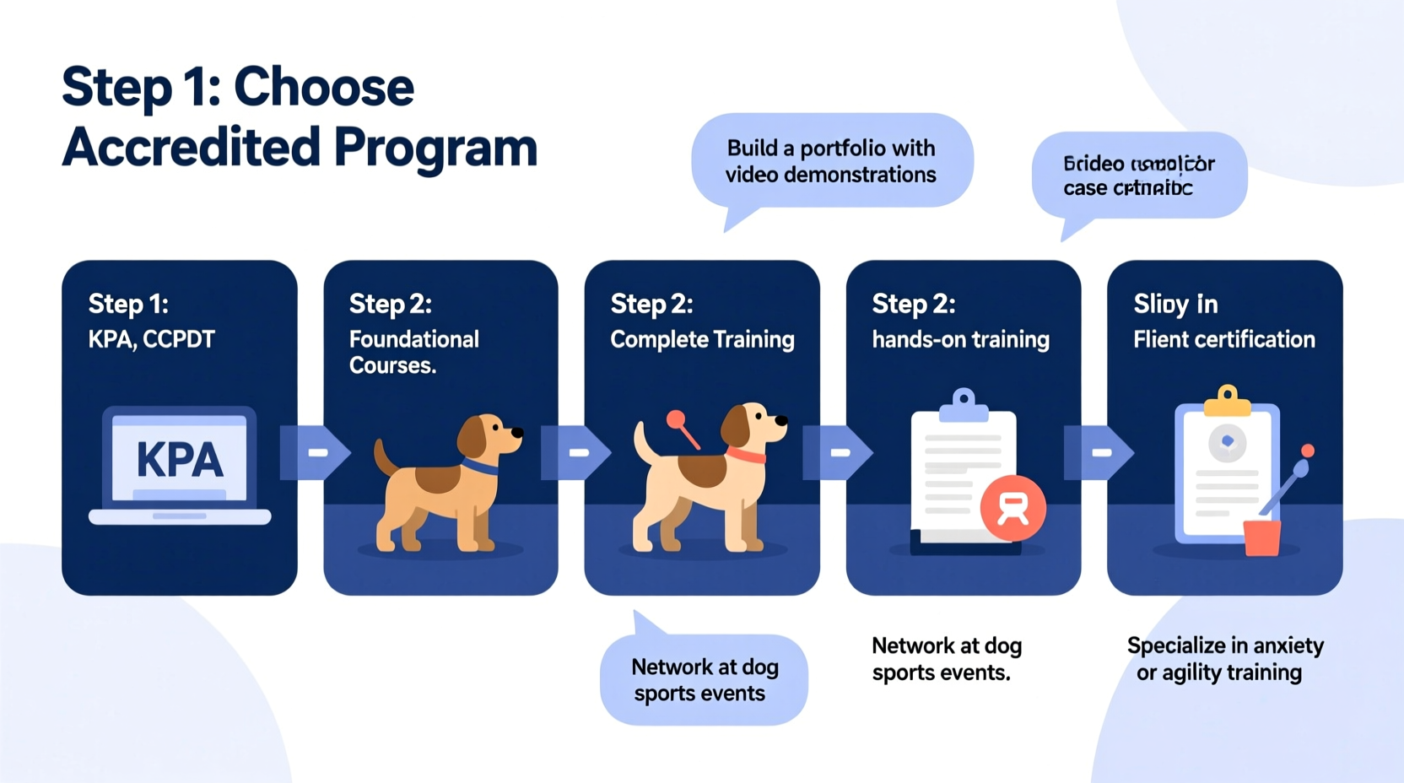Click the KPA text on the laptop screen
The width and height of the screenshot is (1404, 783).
point(180,461)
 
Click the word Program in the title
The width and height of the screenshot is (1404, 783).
point(435,147)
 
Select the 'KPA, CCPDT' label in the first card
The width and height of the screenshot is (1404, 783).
point(152,339)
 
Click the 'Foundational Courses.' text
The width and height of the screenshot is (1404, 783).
point(413,352)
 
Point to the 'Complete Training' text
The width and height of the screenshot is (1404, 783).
point(702,339)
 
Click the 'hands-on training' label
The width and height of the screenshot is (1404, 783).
point(960,339)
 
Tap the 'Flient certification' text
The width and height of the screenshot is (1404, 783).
point(1223,339)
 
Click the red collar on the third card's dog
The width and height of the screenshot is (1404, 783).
point(746,456)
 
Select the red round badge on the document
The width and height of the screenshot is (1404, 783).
point(1012,507)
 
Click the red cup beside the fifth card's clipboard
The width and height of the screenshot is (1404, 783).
point(1262,537)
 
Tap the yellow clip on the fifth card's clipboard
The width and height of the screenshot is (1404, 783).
point(1228,402)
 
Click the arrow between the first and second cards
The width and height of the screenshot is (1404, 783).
point(316,453)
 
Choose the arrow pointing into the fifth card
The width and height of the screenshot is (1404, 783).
point(1099,453)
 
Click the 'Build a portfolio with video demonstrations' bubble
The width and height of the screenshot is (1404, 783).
point(831,161)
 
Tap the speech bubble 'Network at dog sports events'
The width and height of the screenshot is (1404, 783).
point(704,680)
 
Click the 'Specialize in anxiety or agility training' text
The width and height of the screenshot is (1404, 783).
point(1224,659)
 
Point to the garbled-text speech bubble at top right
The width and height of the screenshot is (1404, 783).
point(1138,175)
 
